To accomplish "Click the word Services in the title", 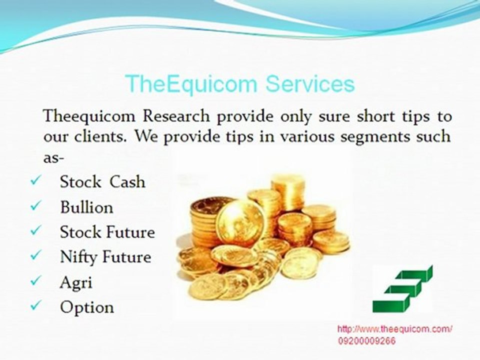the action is click(310, 83).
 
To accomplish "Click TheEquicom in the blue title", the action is click(190, 84).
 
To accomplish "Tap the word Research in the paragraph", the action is click(176, 116).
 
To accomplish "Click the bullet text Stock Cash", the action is click(102, 182).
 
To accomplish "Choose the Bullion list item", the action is click(86, 207).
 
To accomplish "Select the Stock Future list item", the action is click(107, 232).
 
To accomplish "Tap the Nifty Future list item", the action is click(105, 257).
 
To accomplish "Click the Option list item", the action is click(87, 307).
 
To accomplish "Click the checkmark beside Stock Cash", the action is click(35, 180).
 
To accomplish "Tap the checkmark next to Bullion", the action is click(35, 205).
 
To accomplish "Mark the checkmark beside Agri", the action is click(35, 280).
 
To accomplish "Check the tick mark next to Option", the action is click(35, 305).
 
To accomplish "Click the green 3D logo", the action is click(403, 289).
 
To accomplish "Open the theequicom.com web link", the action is click(395, 329).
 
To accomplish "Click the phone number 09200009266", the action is click(366, 340).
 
